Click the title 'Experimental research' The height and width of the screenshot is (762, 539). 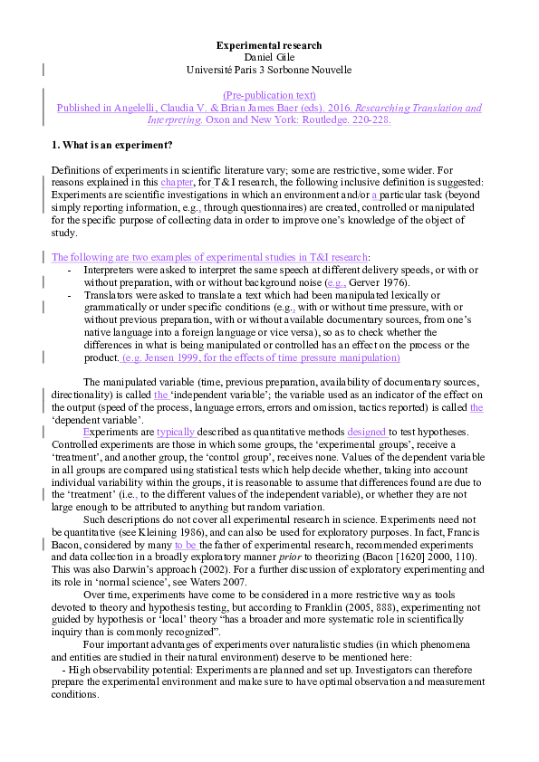coord(269,45)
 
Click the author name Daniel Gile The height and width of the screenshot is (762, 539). coord(269,57)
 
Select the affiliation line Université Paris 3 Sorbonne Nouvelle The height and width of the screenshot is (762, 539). coord(269,70)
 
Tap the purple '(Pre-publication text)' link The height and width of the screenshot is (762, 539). coord(269,95)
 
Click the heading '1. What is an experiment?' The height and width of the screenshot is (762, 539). coord(112,145)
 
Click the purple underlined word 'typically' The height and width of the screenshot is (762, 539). coord(176,433)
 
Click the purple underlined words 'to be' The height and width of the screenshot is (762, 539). coord(185,545)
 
